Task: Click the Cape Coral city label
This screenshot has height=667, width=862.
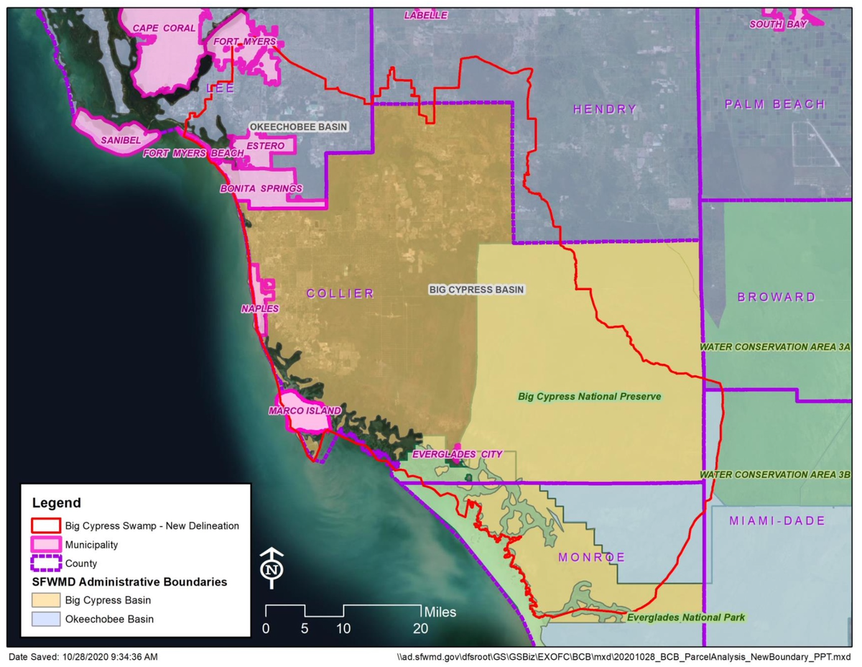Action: [x=164, y=27]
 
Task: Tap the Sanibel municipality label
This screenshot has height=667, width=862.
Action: [x=121, y=139]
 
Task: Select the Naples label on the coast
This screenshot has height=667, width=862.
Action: [x=260, y=308]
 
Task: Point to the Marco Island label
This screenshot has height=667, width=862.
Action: [x=305, y=410]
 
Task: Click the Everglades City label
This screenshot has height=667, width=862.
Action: [x=457, y=454]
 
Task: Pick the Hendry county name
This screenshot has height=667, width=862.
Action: [x=605, y=109]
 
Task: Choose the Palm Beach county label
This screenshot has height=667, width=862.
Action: [x=774, y=104]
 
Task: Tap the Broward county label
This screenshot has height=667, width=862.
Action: [x=777, y=297]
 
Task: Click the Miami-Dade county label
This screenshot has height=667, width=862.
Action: [x=777, y=520]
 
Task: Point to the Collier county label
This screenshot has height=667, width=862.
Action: [x=340, y=293]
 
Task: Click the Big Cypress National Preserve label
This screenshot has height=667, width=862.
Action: [x=589, y=396]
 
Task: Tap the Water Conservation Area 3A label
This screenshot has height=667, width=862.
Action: [x=775, y=346]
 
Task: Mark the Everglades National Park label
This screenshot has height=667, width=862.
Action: [x=686, y=617]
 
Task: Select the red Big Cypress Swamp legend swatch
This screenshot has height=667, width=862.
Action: [x=45, y=525]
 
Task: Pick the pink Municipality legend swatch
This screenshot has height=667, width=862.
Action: [x=45, y=544]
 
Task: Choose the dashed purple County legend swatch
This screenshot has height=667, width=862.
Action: [x=45, y=563]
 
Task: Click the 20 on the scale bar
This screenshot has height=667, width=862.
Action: [x=420, y=627]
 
